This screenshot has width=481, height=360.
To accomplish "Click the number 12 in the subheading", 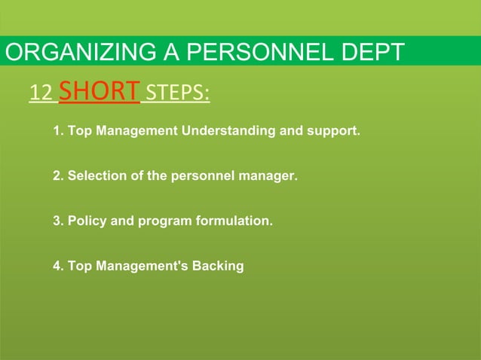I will (x=40, y=93).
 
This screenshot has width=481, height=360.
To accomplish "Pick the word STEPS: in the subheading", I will (x=177, y=93).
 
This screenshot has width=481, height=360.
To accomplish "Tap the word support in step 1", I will (x=331, y=131).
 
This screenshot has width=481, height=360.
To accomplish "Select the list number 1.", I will (x=57, y=131).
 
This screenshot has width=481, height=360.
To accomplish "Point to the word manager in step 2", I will (x=271, y=176).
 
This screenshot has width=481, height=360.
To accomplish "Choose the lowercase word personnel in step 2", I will (x=202, y=176).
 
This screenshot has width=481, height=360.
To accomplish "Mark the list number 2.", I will (x=57, y=176).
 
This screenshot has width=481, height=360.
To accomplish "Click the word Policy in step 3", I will (x=85, y=221).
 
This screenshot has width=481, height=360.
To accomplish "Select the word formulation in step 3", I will (x=233, y=221).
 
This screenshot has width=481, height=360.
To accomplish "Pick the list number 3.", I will (x=57, y=221).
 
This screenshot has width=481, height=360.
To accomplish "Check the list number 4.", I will (x=57, y=266).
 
